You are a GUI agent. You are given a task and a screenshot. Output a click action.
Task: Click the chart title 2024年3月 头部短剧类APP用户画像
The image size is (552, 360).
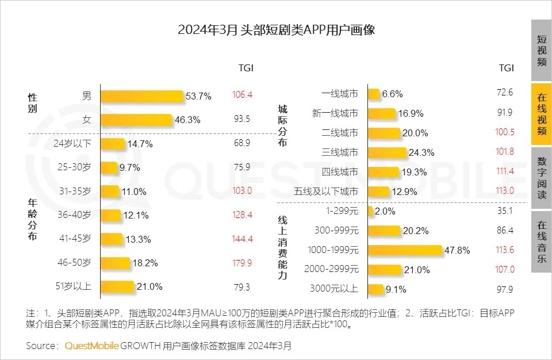276,30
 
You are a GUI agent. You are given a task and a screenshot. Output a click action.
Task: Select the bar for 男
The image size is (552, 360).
141,96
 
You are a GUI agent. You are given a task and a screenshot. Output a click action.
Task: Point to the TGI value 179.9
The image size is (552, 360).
242,262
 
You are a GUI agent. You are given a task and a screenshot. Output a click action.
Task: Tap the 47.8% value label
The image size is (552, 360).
458,251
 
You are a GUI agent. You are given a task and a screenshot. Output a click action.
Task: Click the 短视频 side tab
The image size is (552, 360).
541,51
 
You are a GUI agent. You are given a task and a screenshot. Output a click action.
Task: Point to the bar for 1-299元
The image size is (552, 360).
370,211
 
